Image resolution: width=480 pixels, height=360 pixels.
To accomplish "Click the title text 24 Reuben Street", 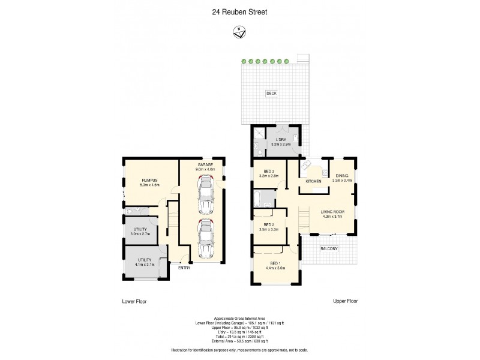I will (240, 10).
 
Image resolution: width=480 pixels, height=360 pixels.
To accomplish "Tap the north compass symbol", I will (239, 33).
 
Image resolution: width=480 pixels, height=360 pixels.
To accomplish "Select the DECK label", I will (271, 93).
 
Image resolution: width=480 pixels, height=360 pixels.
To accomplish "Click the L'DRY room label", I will (281, 139).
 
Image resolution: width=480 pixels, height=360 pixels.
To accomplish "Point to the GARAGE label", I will (205, 164).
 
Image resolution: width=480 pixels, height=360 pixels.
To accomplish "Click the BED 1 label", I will (275, 263).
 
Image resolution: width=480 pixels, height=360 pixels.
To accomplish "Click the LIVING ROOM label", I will (331, 211).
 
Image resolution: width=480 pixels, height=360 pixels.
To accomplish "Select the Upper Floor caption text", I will (345, 301).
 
